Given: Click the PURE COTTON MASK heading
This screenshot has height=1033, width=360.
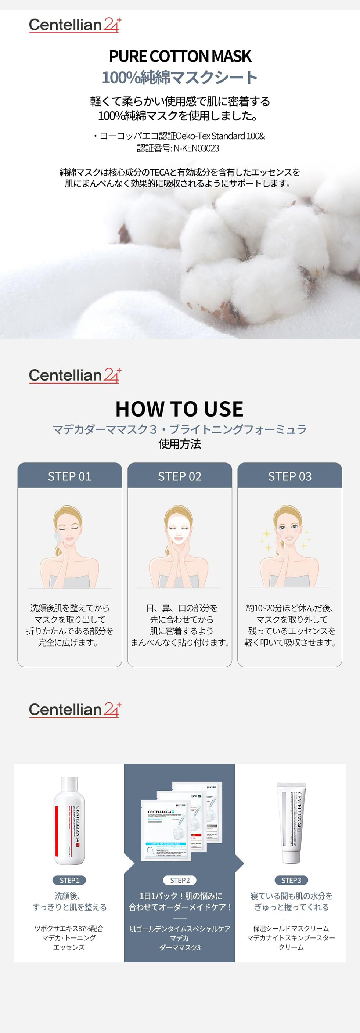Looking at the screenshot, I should (180, 56).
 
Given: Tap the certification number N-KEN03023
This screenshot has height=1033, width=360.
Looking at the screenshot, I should (196, 148).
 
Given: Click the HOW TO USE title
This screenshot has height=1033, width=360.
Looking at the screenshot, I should (179, 408).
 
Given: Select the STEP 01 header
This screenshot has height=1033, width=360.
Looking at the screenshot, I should (69, 476).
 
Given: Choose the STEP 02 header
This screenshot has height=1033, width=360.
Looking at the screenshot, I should (180, 476).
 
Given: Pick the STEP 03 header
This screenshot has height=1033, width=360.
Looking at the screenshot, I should (289, 476).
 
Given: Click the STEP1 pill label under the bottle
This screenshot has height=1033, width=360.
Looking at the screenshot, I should (69, 880).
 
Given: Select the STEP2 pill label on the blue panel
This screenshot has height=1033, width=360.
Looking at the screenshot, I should (180, 880).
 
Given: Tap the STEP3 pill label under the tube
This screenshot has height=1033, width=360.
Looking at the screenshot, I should (291, 880).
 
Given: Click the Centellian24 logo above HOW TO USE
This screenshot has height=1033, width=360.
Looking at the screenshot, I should (75, 375).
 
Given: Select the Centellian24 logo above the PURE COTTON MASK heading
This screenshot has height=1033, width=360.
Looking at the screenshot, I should (75, 25).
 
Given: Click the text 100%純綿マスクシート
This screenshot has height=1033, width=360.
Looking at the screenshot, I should (180, 78).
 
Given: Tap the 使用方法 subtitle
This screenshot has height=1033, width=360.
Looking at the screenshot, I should (180, 444).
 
